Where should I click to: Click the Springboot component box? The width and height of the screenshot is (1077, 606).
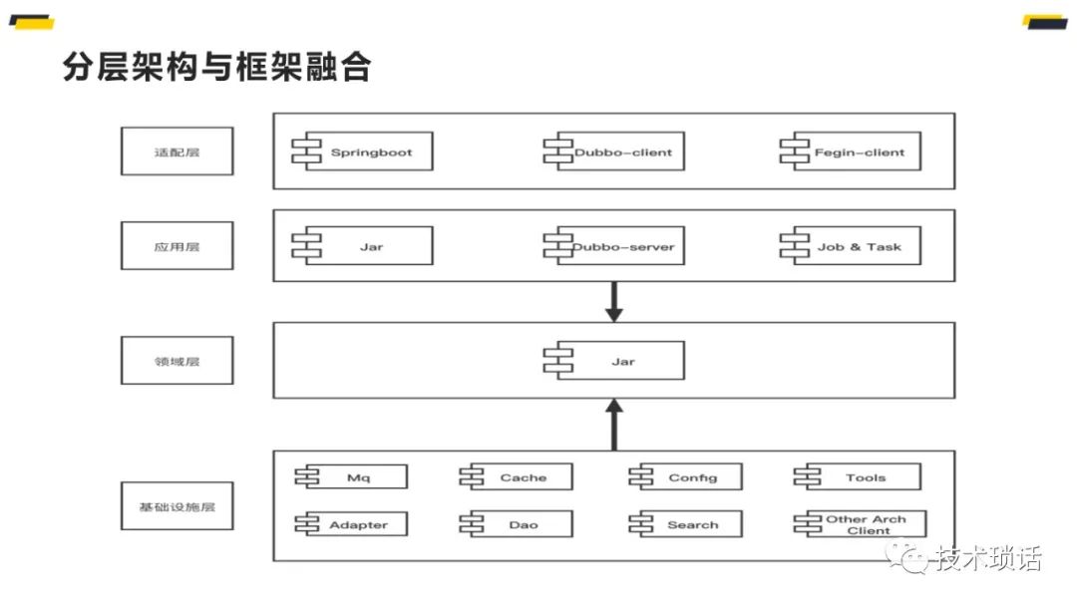coord(369,152)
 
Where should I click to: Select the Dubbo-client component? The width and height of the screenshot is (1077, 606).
coord(621,152)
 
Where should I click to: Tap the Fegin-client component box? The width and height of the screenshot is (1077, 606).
coord(858,152)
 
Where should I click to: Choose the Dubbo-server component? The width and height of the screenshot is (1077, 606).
coord(621,246)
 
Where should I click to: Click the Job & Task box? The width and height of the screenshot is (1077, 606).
coord(858,246)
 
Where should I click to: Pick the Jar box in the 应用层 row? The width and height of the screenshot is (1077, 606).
coord(369,246)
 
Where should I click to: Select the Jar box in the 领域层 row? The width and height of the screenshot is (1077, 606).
coord(621,361)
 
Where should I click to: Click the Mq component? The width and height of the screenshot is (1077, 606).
coord(357,477)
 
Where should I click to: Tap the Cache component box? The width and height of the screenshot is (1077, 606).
coord(522,477)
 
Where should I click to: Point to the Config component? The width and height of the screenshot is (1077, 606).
coord(691,477)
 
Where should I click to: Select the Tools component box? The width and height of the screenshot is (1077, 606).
coord(864,477)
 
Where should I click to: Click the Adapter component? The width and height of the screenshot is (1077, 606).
coord(357,524)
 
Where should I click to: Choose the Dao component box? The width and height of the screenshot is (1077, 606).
coord(522,524)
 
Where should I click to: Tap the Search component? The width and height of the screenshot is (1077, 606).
coord(691,524)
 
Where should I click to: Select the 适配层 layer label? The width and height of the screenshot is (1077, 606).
coord(177,151)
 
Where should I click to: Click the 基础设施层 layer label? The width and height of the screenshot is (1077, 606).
coord(177,506)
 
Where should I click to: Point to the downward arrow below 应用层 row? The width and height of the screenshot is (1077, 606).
coord(614,301)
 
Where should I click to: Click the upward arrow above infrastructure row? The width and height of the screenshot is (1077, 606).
coord(614,424)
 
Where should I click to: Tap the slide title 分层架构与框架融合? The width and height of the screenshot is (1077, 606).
coord(216,67)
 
